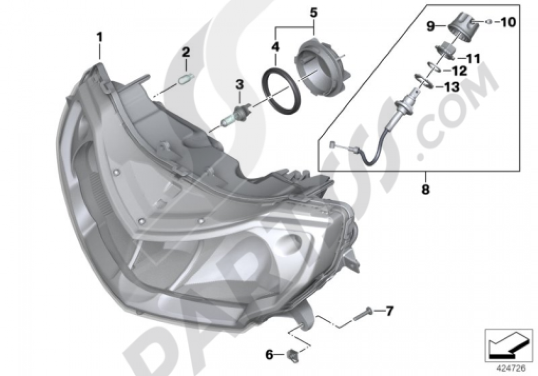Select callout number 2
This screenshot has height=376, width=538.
[x=186, y=53]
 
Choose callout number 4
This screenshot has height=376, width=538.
[x=275, y=47]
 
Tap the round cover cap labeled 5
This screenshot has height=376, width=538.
[x=320, y=67]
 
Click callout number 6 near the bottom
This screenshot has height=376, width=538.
[x=270, y=354]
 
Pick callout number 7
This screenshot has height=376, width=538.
[x=389, y=310]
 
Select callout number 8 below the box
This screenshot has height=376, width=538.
[x=426, y=190]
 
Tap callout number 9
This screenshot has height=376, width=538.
[x=431, y=25]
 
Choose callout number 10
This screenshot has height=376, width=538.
[x=508, y=22]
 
